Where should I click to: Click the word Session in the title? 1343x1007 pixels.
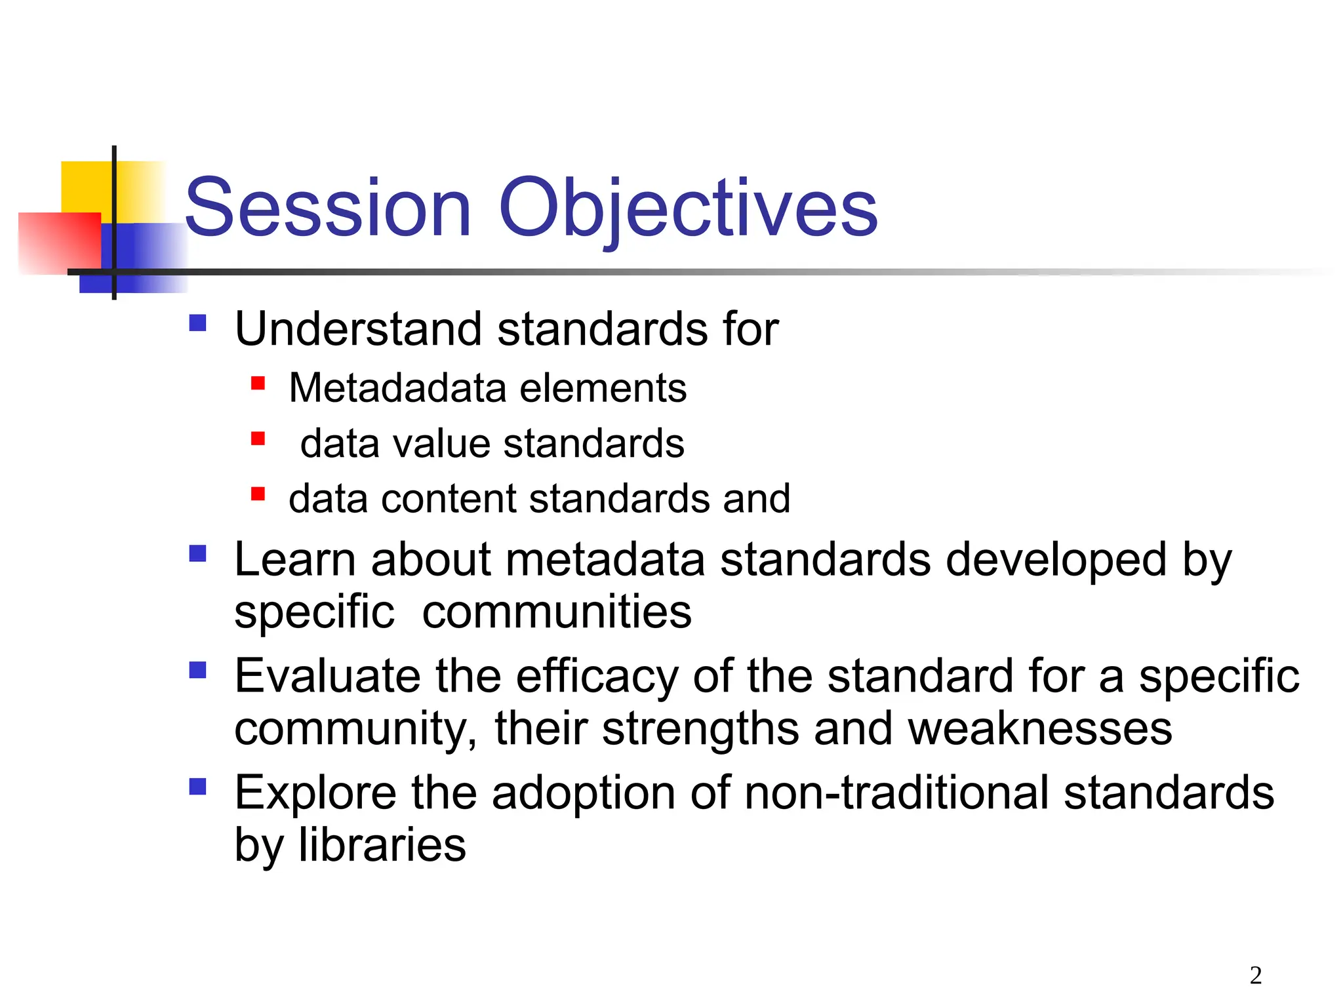[328, 208]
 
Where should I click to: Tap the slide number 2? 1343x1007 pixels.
[1255, 976]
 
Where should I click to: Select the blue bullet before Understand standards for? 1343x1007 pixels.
[197, 323]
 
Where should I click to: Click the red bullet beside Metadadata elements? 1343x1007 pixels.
[258, 383]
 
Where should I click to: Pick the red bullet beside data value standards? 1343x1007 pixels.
[258, 438]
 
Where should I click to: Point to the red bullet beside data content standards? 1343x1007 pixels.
[258, 494]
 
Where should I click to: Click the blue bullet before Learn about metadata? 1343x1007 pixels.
[197, 554]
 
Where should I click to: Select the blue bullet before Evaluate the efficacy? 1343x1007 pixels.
[197, 670]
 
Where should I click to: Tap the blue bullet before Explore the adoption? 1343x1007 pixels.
[197, 786]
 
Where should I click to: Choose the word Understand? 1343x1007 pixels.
[358, 328]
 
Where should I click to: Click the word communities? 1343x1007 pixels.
[556, 612]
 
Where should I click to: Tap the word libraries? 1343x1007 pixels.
[382, 844]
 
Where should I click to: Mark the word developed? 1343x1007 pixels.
[1056, 561]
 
